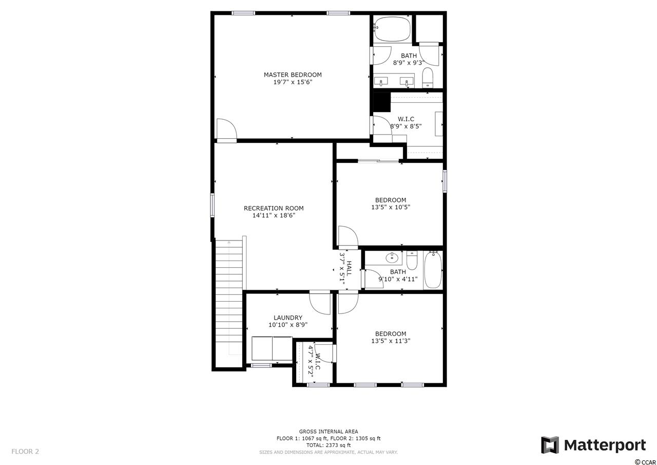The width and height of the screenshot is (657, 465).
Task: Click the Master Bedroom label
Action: click(293, 75)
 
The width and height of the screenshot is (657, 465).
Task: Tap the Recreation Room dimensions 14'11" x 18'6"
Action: click(274, 215)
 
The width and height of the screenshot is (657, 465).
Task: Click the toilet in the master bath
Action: click(428, 78)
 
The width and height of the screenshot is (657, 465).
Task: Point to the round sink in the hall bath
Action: click(392, 258)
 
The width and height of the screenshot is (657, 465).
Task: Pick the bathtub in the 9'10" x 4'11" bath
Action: click(433, 270)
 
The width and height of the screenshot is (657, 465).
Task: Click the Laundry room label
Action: click(288, 318)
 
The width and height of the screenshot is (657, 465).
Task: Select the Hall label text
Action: click(350, 268)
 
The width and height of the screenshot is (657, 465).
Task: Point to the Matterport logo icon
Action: click(550, 445)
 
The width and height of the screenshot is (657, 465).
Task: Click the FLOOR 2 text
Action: click(25, 452)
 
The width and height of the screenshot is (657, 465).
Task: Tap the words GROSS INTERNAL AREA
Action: click(328, 432)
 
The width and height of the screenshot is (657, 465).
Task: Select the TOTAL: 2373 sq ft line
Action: click(328, 445)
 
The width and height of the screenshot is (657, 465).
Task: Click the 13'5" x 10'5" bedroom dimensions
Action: click(391, 207)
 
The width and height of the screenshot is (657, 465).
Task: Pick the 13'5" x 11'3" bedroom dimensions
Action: click(391, 341)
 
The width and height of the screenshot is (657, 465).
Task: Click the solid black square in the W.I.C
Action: click(381, 102)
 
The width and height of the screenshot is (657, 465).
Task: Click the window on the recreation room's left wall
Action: click(212, 205)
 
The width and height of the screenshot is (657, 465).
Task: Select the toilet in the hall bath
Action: click(412, 261)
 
